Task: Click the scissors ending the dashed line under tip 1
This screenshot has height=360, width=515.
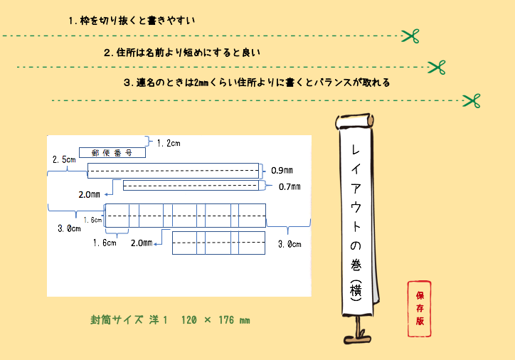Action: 410,36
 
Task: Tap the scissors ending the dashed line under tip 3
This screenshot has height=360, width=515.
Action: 472,100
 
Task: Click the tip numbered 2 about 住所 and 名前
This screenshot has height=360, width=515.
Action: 182,53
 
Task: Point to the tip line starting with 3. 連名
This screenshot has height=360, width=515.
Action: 257,83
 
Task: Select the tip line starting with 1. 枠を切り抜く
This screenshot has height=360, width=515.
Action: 132,21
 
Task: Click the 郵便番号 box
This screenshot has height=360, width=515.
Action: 112,153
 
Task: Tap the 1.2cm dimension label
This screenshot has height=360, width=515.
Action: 169,143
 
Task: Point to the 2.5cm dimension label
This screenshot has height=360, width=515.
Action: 64,159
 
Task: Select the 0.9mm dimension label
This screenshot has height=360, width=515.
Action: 282,171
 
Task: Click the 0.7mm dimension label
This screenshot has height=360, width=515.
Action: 290,187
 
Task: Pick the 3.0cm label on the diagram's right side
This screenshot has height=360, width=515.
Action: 290,244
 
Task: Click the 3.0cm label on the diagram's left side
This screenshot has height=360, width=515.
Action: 69,228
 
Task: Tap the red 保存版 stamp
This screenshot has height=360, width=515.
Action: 420,309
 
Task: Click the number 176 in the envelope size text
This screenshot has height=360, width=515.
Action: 226,320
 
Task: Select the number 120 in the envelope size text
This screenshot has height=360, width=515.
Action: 189,320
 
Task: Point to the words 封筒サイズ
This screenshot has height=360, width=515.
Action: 117,320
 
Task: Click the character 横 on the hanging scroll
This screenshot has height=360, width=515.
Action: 356,290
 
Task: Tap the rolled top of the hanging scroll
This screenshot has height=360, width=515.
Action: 354,121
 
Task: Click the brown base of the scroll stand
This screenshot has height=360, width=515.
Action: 357,339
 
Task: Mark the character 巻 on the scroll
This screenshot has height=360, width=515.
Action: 356,265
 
